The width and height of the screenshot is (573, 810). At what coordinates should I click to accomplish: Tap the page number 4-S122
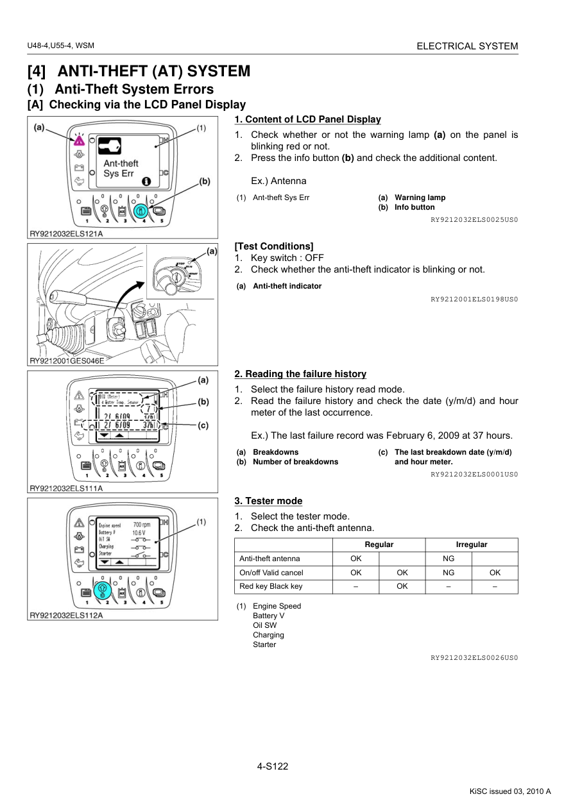coord(273,766)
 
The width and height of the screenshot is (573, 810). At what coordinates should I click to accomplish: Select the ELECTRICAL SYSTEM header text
coord(467,46)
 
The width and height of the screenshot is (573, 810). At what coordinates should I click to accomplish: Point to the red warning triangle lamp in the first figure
coord(79,140)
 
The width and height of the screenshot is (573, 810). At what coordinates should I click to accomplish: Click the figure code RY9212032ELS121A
coord(66,234)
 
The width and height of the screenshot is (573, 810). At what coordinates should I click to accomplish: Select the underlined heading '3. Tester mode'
coord(268,501)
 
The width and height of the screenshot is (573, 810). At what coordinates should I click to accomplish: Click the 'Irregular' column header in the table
coord(472,544)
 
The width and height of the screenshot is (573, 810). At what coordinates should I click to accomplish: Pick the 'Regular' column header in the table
coord(379,544)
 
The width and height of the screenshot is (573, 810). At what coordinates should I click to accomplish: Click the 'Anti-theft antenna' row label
coord(269,559)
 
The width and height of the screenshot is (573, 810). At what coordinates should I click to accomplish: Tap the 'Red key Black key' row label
coord(271,586)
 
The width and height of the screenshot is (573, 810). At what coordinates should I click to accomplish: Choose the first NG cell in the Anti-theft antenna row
coord(449,559)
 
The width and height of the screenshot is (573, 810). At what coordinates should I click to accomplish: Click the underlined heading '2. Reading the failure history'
coord(300,374)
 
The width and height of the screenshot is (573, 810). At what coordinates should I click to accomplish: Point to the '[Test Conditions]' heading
coord(274,246)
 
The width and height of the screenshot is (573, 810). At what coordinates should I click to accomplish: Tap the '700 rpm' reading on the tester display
coord(141,525)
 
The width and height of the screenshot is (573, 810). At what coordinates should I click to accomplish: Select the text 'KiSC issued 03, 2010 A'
coord(510,791)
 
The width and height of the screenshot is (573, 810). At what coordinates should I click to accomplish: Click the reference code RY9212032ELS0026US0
coord(474,657)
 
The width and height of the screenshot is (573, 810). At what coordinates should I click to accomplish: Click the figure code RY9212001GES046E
coord(67,360)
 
